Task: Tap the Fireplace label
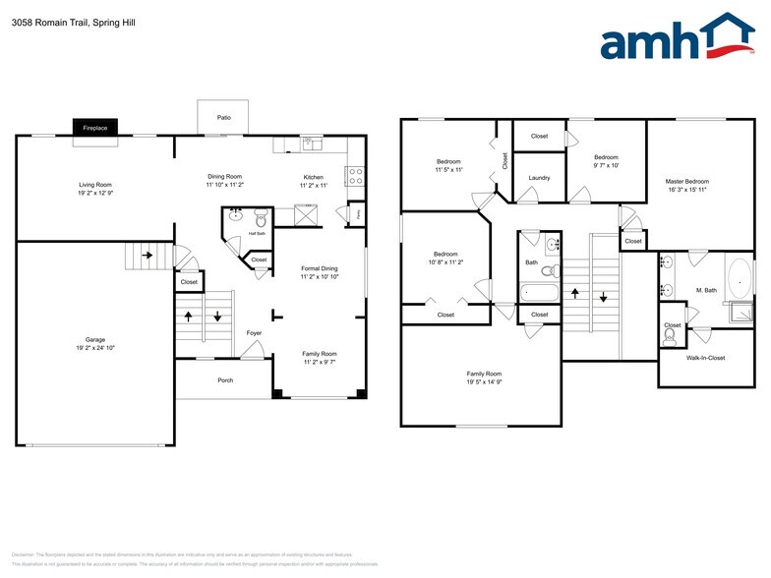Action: (94, 128)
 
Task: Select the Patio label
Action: (224, 118)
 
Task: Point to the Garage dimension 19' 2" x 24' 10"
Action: (95, 348)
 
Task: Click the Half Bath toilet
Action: (262, 217)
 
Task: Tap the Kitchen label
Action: (313, 177)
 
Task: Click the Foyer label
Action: (253, 333)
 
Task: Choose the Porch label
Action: (224, 379)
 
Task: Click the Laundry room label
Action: (539, 178)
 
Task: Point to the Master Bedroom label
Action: (686, 181)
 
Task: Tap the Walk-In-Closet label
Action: (704, 358)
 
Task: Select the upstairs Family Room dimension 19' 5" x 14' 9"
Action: (484, 381)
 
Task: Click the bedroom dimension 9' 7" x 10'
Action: (606, 165)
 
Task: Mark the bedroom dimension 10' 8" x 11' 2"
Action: (445, 262)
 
